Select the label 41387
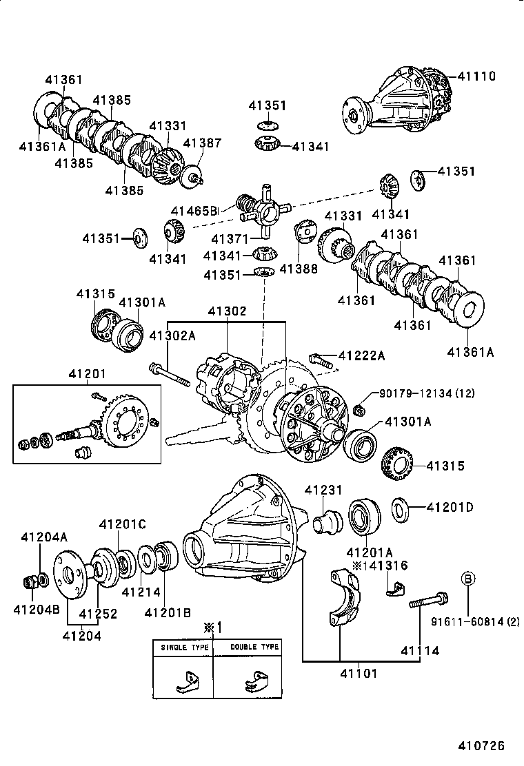click(x=202, y=143)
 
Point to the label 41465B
click(x=194, y=211)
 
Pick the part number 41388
click(x=299, y=269)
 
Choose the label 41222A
click(x=361, y=355)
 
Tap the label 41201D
click(x=450, y=508)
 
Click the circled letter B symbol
click(x=467, y=579)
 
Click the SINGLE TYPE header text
click(x=183, y=648)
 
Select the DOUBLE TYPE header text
click(x=254, y=648)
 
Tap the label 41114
click(x=420, y=650)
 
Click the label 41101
click(x=359, y=673)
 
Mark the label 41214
click(x=141, y=591)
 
